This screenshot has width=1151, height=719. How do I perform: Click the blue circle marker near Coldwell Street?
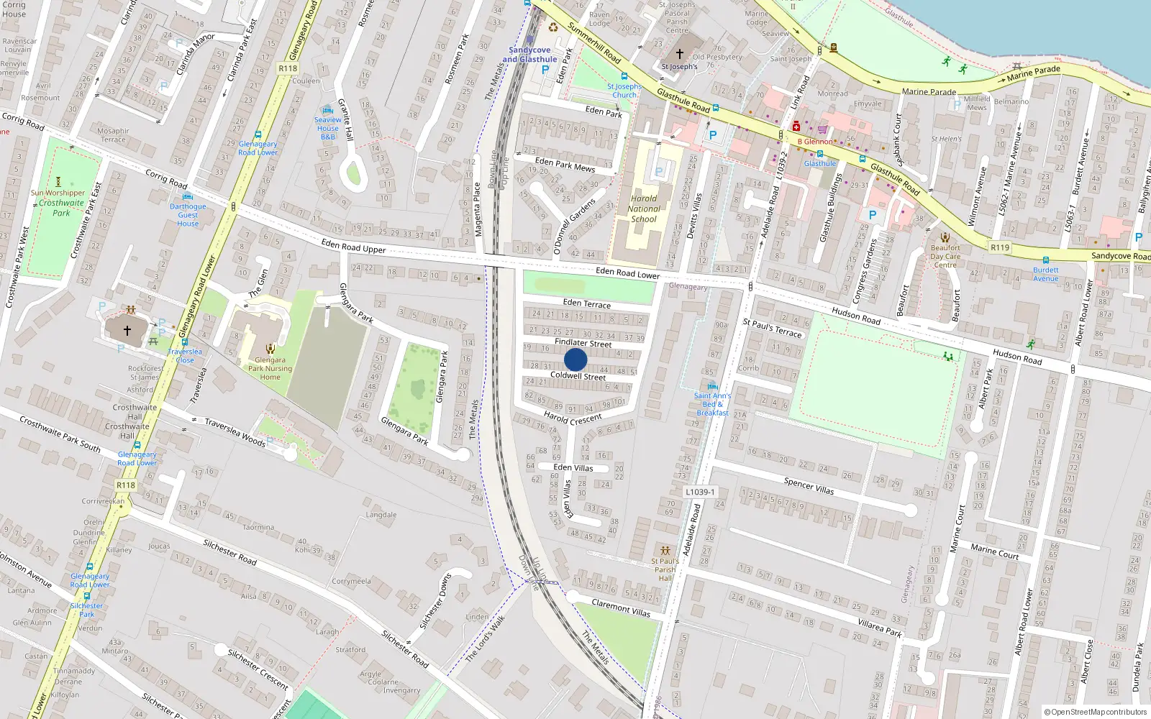[575, 359]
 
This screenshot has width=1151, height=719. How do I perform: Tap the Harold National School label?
[644, 209]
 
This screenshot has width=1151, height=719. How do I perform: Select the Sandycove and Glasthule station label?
[529, 55]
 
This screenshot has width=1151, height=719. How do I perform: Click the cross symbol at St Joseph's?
[680, 54]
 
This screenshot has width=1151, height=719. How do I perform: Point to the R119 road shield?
[1000, 247]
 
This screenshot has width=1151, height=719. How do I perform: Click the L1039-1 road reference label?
[699, 492]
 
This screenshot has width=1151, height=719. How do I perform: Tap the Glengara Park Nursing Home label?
[270, 368]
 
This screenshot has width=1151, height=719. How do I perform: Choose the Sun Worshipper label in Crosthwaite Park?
[58, 193]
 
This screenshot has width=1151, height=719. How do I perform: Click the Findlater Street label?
[583, 343]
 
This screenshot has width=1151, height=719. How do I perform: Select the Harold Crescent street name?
[573, 417]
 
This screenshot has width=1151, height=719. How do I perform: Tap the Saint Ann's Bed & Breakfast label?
[712, 404]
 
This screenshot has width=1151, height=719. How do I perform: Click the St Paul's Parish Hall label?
[665, 569]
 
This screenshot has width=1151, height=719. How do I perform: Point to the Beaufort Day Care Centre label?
[945, 256]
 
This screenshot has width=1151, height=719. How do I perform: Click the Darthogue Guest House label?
[188, 215]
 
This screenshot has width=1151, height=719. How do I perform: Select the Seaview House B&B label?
[328, 128]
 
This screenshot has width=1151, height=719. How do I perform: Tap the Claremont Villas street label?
[621, 608]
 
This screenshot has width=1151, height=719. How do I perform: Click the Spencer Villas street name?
[809, 486]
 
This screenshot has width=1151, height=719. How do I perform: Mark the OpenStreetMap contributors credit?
[1095, 712]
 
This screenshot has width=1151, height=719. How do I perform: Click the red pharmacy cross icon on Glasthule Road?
[796, 127]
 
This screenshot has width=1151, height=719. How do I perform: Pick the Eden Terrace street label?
[586, 303]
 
